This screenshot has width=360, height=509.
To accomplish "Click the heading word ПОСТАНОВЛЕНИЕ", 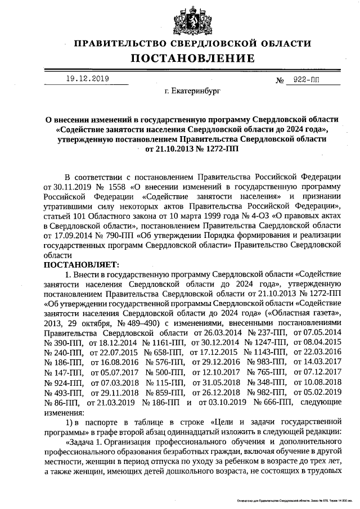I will pos(193,58).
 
